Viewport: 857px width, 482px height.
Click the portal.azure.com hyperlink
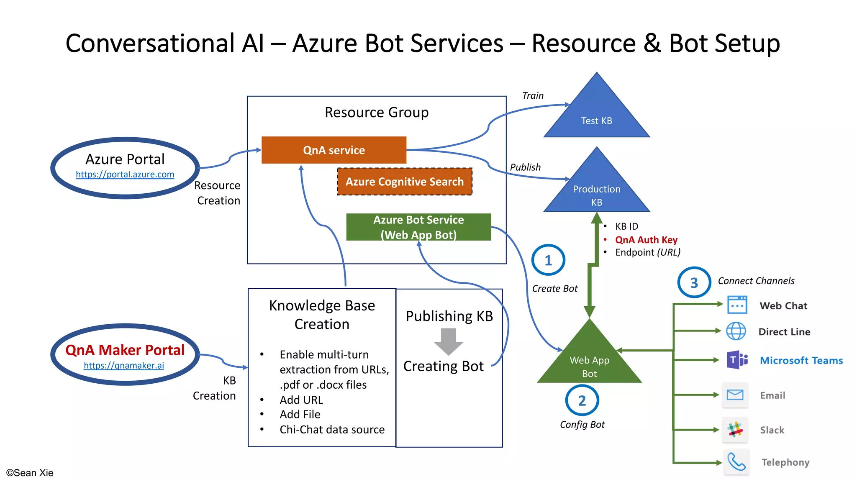[125, 174]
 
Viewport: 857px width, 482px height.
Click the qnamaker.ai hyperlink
[124, 365]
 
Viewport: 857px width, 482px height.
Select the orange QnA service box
[334, 150]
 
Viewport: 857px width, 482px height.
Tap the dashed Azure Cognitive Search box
[405, 182]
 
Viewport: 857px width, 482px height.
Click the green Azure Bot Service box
[418, 227]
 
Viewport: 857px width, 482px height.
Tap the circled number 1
[548, 260]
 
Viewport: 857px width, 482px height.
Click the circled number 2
[582, 400]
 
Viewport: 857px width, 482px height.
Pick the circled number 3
[694, 282]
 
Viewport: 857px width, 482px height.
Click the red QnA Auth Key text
[646, 240]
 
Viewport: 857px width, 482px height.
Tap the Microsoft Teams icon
[737, 360]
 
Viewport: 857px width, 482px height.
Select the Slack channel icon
[735, 430]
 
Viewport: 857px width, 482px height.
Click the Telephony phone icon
[736, 462]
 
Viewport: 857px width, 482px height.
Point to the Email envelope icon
[735, 395]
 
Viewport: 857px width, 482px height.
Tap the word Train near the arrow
[533, 95]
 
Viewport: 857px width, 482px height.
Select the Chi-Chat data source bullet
[332, 429]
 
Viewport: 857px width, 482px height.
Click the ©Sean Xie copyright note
[30, 473]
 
